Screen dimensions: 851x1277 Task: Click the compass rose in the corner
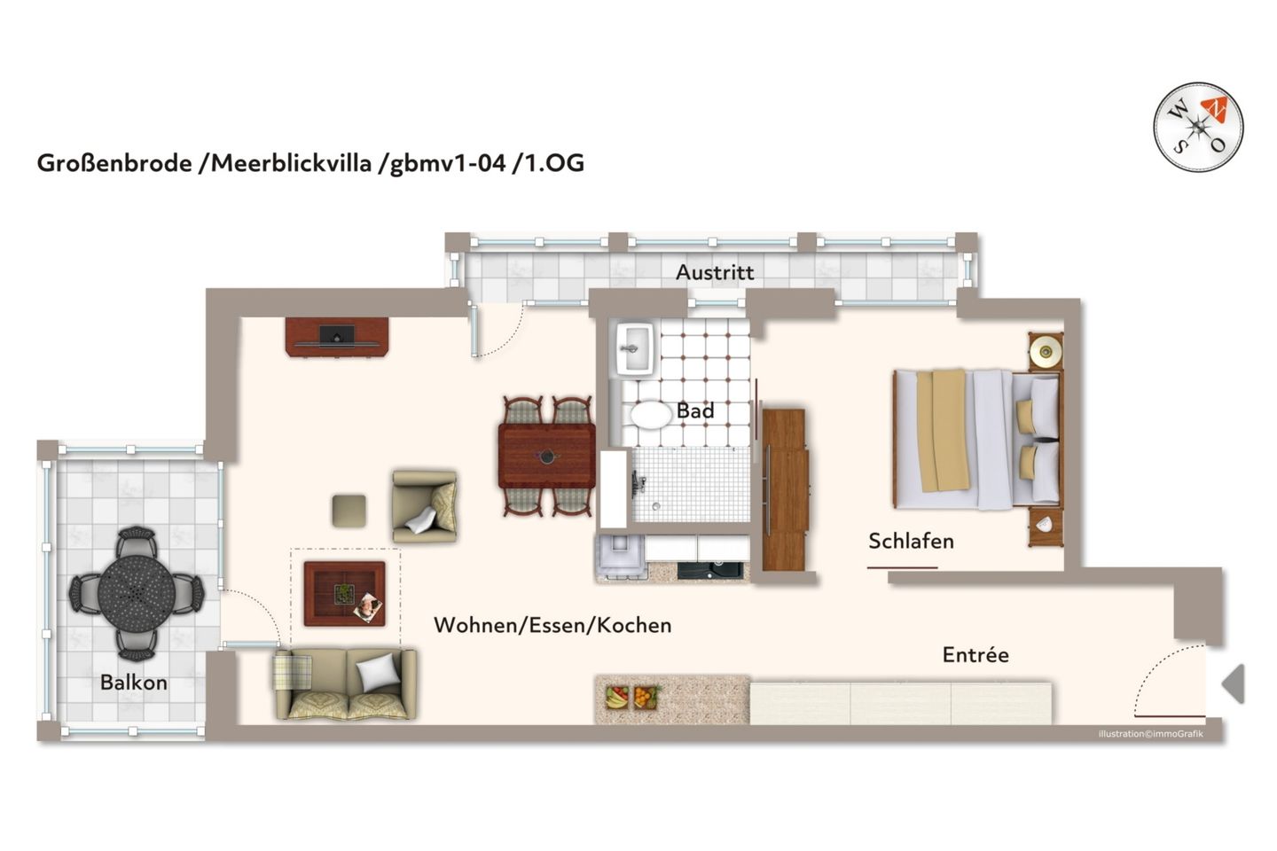pos(1198,128)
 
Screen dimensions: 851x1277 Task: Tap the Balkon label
pos(133,683)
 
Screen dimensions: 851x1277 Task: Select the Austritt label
pos(715,273)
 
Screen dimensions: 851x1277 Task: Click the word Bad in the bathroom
pos(695,411)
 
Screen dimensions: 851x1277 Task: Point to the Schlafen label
pos(911,542)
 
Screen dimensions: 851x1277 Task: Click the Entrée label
pos(975,655)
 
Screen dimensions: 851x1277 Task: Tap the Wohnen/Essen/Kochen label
pos(552,626)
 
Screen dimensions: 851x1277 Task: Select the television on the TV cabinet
pos(337,336)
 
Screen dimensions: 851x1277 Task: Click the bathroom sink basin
pos(635,348)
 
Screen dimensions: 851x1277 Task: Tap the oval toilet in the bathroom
pos(650,415)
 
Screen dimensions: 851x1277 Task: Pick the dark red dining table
pos(546,456)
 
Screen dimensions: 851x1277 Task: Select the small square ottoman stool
pos(349,511)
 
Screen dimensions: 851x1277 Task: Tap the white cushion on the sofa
pos(379,672)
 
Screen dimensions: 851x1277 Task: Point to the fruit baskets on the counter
pos(631,697)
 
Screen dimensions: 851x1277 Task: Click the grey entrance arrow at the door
pos(1234,683)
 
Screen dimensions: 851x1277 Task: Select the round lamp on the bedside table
pos(1046,352)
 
